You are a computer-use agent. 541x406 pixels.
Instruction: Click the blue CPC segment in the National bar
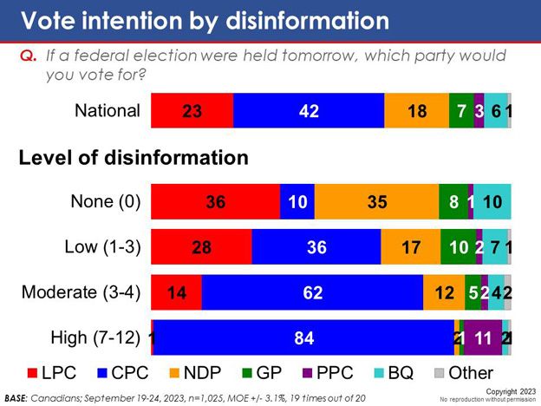309,111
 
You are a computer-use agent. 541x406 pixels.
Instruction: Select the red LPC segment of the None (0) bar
215,201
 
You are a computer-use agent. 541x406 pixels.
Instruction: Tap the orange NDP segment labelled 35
376,201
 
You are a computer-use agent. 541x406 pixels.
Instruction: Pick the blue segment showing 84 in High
303,337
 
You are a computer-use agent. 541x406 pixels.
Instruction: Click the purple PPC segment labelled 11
483,337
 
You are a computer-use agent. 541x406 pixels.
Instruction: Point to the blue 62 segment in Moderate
312,292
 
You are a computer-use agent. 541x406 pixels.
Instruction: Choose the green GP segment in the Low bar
458,246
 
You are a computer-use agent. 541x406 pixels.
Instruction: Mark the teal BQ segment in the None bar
492,201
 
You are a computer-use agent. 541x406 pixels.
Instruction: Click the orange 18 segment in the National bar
416,111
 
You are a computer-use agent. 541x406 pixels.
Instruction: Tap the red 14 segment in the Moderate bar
176,292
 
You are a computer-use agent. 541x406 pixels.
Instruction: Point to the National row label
108,111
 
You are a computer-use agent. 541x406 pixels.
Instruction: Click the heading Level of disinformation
134,158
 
